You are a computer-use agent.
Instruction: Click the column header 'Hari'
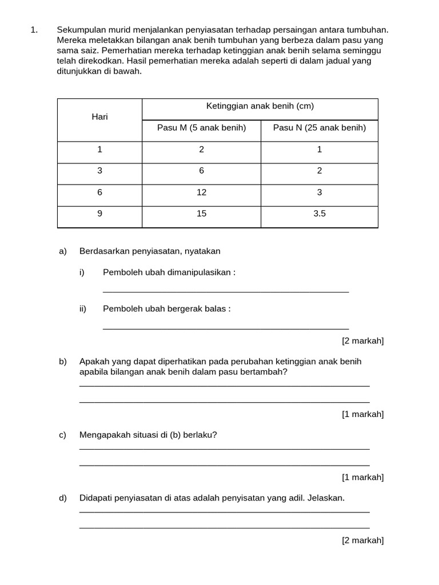99,117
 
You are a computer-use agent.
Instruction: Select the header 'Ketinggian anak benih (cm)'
260,106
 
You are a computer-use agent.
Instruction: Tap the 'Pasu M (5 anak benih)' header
201,127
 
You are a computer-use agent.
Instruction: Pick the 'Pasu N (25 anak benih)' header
319,127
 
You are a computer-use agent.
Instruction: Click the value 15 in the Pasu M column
201,214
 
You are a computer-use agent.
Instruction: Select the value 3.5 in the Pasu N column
319,214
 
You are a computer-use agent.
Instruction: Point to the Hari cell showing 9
99,214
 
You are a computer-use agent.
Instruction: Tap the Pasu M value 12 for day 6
201,193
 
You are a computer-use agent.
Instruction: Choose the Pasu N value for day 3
319,171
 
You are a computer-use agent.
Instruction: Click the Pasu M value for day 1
201,149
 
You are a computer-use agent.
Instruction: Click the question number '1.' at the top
34,30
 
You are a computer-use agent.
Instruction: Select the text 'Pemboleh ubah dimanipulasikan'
169,273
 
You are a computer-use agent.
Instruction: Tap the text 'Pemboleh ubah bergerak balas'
166,308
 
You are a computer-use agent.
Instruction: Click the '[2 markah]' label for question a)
362,341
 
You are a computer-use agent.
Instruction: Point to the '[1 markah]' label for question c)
362,477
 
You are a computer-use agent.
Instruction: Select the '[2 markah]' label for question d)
362,540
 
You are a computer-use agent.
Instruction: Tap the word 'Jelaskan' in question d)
326,498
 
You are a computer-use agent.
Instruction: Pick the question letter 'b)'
63,362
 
